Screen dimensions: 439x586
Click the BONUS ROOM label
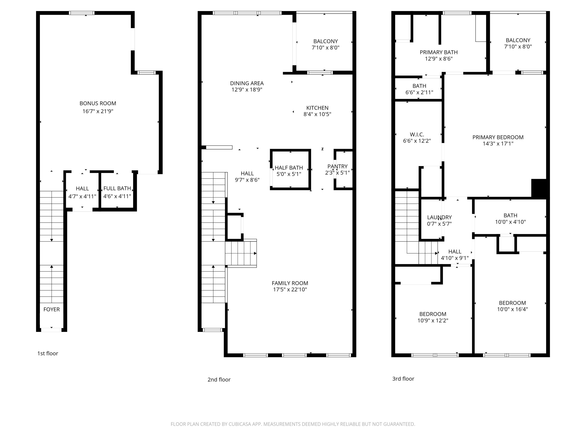click(x=98, y=103)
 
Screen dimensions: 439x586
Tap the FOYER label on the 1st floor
click(x=51, y=309)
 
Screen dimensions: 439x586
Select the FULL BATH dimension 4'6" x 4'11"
click(x=117, y=196)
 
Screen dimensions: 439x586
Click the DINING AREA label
click(x=247, y=83)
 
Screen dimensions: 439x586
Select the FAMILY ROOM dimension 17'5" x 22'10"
click(x=290, y=290)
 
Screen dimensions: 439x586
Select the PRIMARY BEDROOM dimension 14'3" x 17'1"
click(x=498, y=144)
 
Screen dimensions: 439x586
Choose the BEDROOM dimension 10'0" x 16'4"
click(x=512, y=309)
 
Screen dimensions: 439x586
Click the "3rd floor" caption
click(x=403, y=379)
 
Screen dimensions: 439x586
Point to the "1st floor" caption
click(x=48, y=353)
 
